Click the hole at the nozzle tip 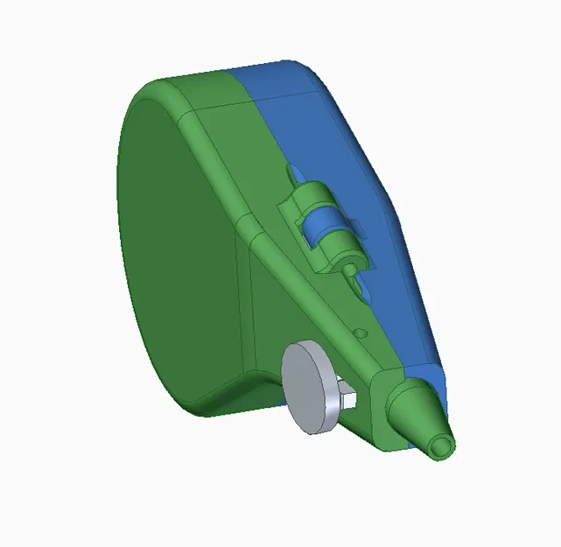[443, 447]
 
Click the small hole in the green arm [359, 333]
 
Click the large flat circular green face [175, 245]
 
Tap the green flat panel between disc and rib [263, 324]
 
